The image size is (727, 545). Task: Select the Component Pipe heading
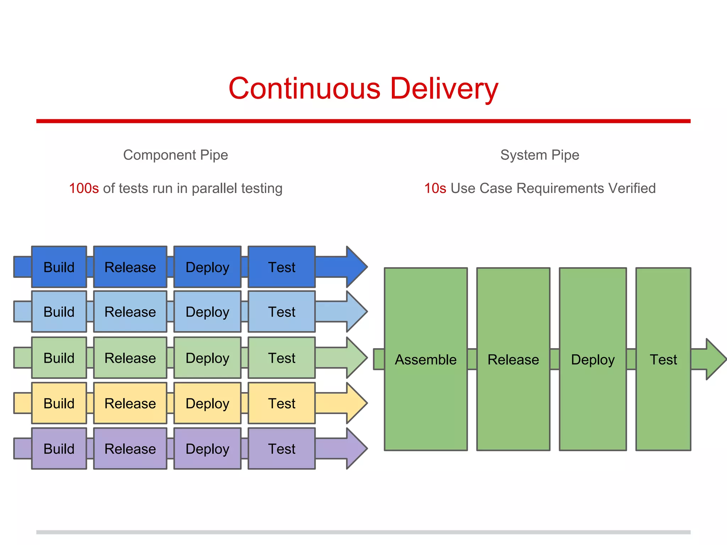click(x=175, y=155)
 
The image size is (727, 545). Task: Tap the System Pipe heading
click(x=540, y=155)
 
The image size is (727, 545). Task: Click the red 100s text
click(x=84, y=188)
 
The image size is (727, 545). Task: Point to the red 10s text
click(x=435, y=188)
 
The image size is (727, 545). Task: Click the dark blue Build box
click(x=59, y=267)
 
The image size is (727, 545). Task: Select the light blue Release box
click(x=130, y=312)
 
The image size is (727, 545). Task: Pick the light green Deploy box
click(x=207, y=358)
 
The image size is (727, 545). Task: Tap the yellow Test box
click(x=281, y=403)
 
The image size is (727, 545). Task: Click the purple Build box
click(x=59, y=448)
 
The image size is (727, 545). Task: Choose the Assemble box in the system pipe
click(x=426, y=359)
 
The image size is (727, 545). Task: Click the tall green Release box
click(x=513, y=359)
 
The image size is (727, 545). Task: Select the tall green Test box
click(x=663, y=359)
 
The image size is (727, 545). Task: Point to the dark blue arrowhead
click(x=356, y=267)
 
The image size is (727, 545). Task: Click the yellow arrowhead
click(x=356, y=403)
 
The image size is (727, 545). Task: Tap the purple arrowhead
click(x=356, y=448)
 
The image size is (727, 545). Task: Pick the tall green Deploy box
click(x=592, y=359)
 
